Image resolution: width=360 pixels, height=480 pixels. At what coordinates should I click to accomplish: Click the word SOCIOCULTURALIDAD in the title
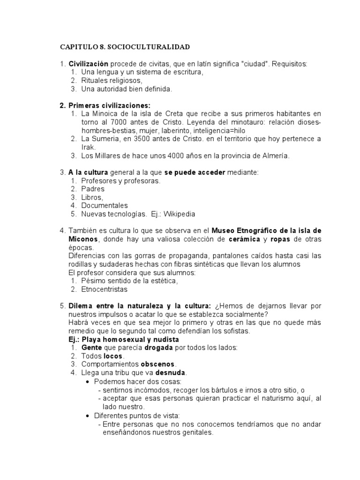coord(153,47)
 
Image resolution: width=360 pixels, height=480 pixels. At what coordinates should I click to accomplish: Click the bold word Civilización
coord(89,64)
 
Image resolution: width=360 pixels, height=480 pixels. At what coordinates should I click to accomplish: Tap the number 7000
coord(117,122)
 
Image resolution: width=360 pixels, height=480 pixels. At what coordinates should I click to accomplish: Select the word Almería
coord(272,156)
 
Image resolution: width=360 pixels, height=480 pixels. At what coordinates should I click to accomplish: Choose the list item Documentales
coord(104,205)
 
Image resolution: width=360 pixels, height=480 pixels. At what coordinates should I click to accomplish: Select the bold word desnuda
coord(171,373)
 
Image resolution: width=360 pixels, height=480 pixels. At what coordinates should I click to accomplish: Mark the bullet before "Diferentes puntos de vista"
coord(90,415)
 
